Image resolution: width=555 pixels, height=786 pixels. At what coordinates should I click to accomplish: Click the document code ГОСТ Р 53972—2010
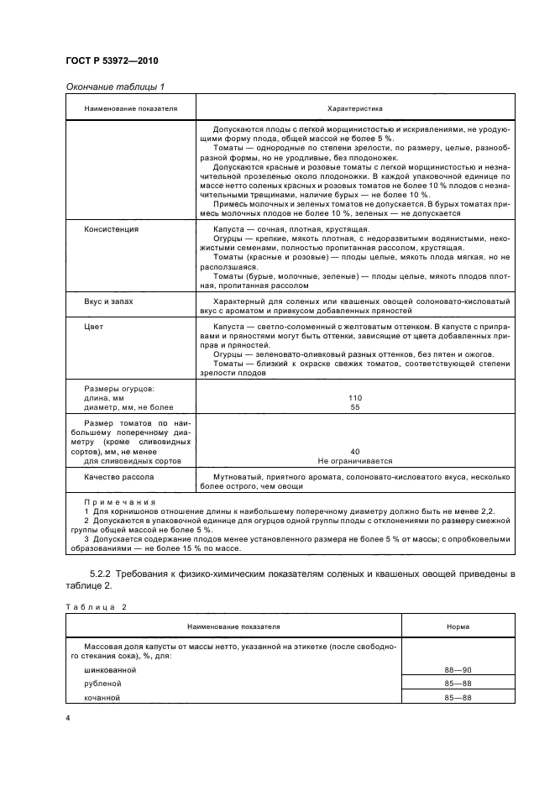111,62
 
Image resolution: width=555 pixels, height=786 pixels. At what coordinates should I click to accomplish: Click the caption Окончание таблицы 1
115,87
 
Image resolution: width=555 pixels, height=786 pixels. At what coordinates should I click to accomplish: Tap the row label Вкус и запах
109,299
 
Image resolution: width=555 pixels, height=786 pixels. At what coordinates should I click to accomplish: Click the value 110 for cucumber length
354,397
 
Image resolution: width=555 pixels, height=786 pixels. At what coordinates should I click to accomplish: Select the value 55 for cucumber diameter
354,406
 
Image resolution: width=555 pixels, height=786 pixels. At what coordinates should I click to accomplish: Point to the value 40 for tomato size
354,451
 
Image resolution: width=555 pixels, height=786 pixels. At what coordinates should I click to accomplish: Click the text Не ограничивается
354,461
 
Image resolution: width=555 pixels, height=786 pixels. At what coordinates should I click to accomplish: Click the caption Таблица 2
93,605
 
